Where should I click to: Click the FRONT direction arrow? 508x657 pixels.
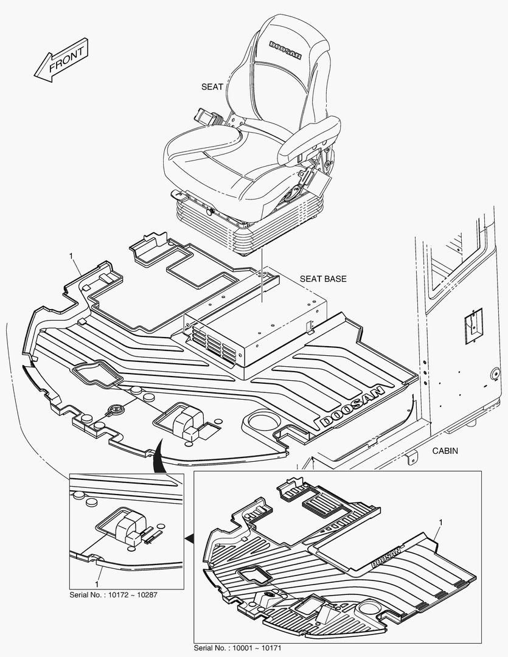(x=61, y=61)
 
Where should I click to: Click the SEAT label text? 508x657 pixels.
(x=212, y=87)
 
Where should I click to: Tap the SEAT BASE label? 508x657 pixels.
(x=322, y=279)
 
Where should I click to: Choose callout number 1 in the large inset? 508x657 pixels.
(x=440, y=523)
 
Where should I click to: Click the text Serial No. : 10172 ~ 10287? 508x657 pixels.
(x=114, y=594)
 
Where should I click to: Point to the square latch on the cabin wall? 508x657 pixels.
(x=473, y=322)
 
